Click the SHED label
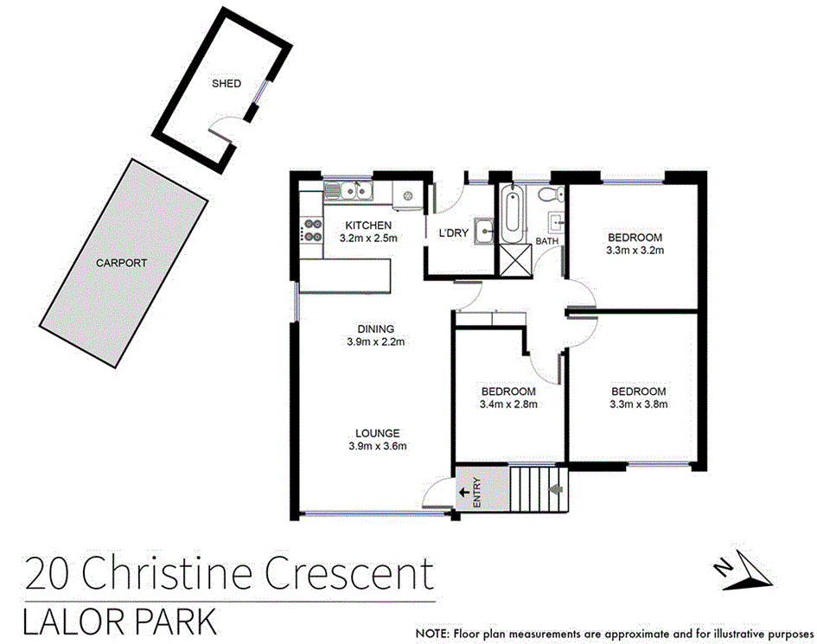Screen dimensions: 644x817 click(x=227, y=84)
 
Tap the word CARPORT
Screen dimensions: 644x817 click(x=121, y=263)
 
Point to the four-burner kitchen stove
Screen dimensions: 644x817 click(x=310, y=232)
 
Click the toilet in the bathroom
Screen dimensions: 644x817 click(x=549, y=195)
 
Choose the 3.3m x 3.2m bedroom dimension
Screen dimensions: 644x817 click(x=635, y=251)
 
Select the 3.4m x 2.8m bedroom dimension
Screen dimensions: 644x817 click(x=508, y=404)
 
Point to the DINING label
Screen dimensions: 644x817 click(x=376, y=328)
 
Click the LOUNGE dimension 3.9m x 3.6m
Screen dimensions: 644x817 click(x=376, y=446)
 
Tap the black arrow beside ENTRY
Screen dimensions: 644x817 click(x=463, y=492)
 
